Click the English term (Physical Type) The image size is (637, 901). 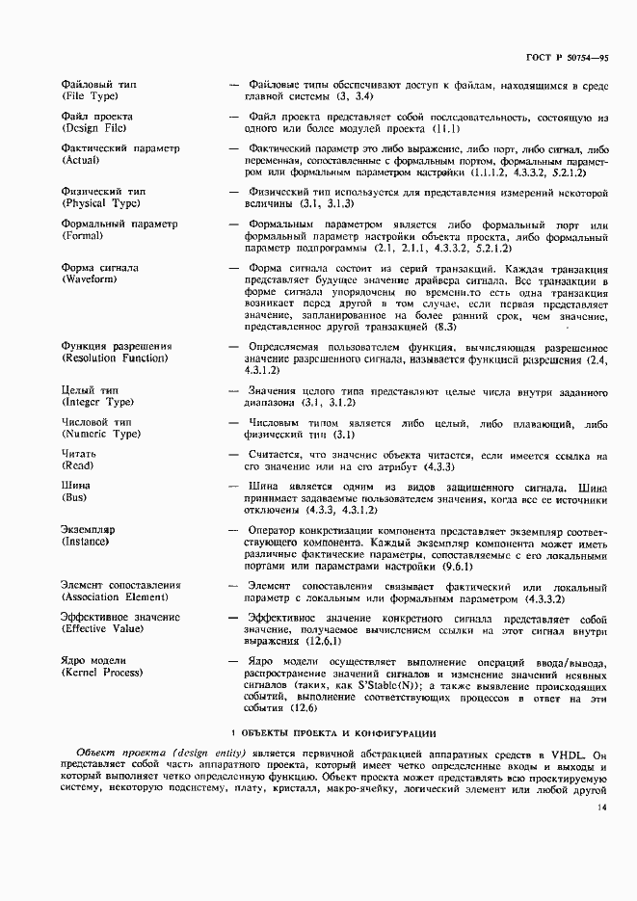click(103, 204)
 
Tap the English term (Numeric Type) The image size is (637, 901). click(102, 435)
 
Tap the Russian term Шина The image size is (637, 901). click(75, 486)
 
